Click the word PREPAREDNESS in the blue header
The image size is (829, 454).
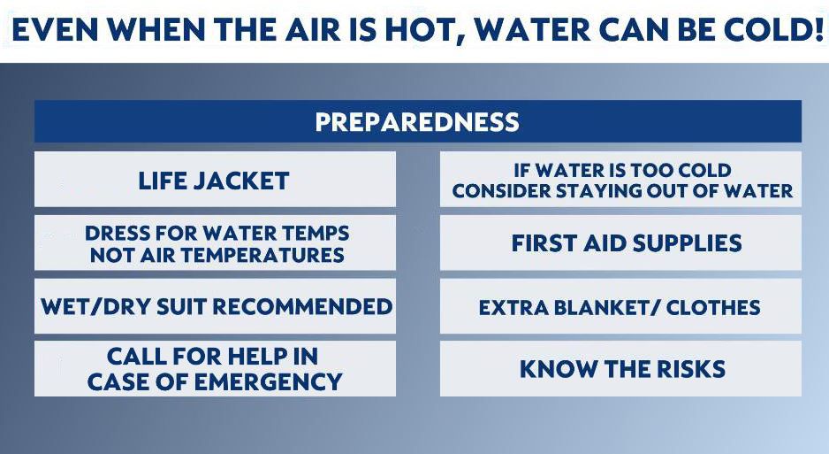pyautogui.click(x=417, y=122)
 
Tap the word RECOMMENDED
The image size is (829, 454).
pyautogui.click(x=303, y=307)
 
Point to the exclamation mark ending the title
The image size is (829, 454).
pyautogui.click(x=817, y=31)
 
